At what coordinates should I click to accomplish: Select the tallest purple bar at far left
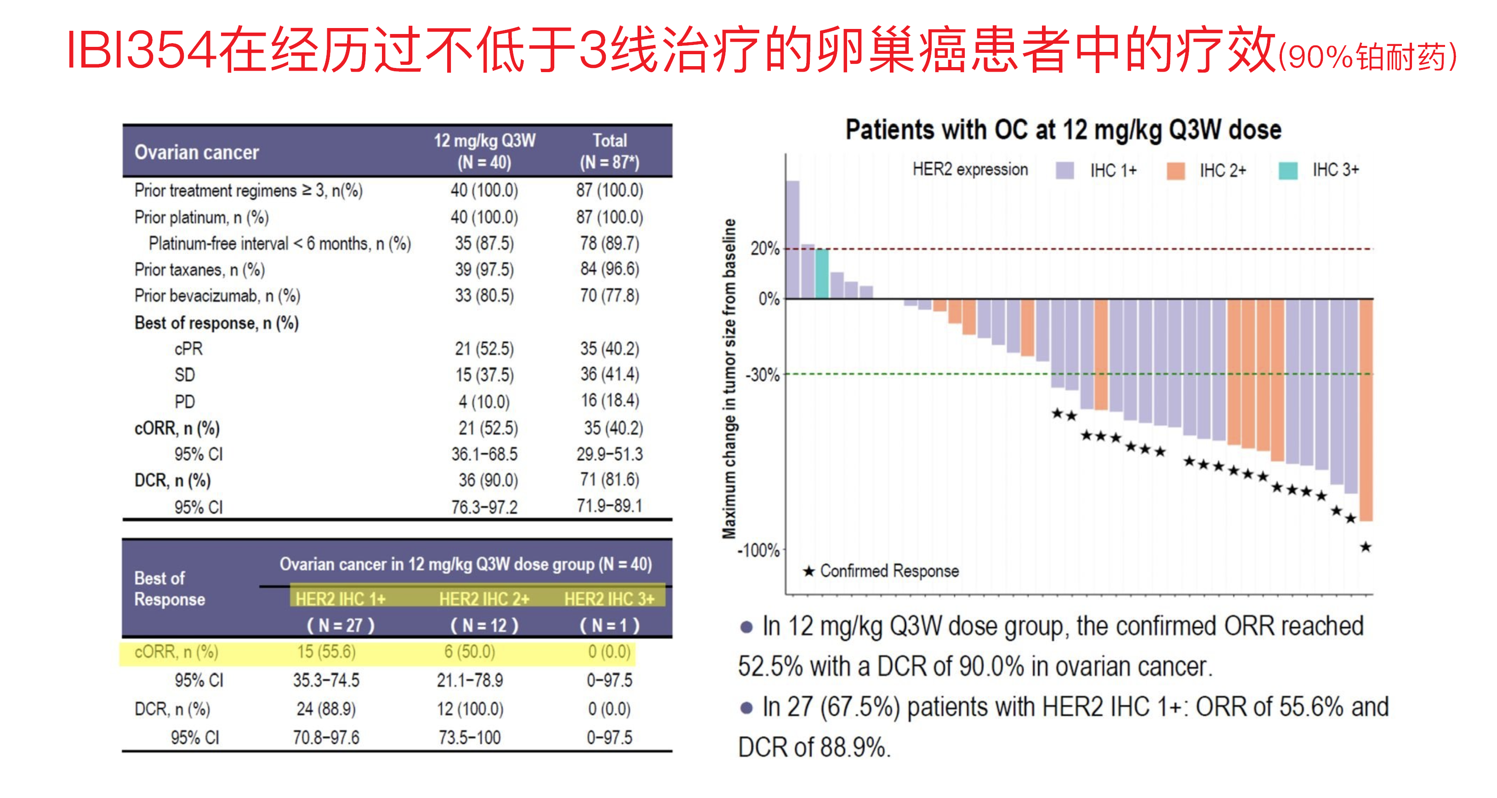click(793, 239)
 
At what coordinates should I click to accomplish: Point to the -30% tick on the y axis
click(763, 374)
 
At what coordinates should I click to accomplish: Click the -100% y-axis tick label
click(759, 550)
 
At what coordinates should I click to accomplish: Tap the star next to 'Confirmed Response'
click(808, 572)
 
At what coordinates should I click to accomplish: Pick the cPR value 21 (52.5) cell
click(484, 349)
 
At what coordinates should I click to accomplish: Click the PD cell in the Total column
click(609, 401)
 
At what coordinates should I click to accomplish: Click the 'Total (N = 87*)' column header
click(609, 151)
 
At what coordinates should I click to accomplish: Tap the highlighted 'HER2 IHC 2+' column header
click(484, 598)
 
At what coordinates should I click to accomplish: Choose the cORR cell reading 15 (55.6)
click(326, 651)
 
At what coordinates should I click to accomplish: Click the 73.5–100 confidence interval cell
click(470, 737)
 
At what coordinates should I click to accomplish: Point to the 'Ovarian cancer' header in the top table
click(196, 152)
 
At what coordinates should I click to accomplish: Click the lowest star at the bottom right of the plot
click(1366, 547)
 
